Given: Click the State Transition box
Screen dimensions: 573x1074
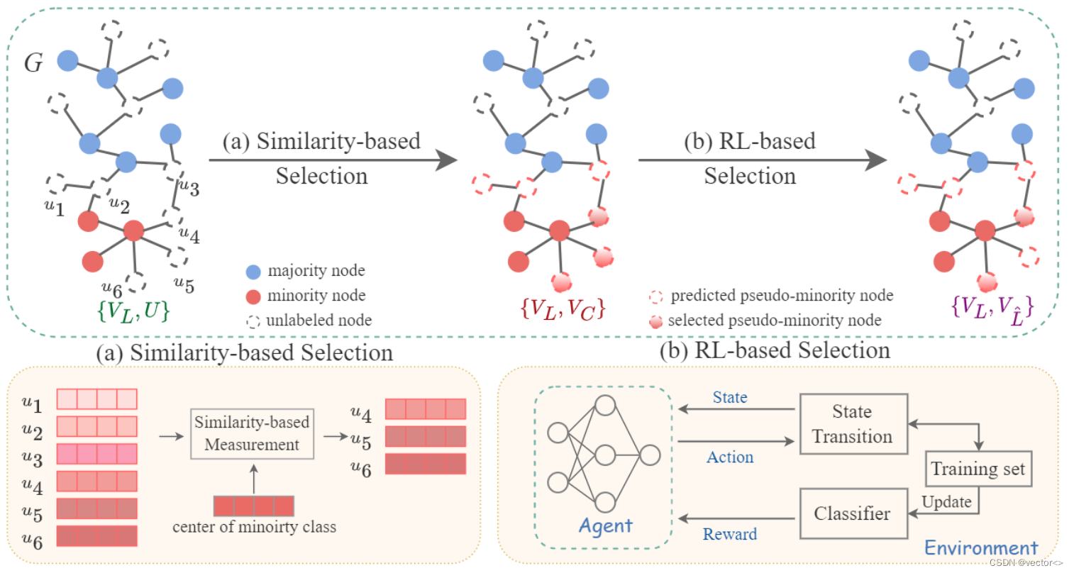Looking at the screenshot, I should (853, 424).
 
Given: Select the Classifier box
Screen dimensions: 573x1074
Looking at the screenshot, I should (853, 513).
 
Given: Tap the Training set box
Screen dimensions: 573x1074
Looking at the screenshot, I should (978, 469).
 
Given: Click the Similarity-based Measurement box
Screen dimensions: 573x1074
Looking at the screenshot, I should (252, 433).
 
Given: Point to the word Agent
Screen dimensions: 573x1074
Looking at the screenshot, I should (605, 526).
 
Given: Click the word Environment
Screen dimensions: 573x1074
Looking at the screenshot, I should (981, 548).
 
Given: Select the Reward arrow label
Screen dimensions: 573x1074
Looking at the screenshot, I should (729, 534).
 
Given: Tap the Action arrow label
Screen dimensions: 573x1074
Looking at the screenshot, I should (729, 457).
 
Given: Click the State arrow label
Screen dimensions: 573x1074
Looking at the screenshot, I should (729, 397).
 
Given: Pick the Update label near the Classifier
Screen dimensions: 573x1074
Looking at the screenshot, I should (946, 501).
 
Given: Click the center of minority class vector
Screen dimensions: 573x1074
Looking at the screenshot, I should (253, 506).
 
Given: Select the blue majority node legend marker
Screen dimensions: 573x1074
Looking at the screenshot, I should (253, 272).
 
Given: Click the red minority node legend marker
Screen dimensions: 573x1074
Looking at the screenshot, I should (253, 296).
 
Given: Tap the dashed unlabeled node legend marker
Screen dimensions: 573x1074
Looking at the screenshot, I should (253, 321).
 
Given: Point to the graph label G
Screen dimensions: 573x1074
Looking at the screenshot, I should (33, 64).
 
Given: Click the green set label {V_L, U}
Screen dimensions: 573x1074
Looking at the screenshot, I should (133, 311).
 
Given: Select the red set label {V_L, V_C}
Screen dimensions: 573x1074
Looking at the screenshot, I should (563, 308).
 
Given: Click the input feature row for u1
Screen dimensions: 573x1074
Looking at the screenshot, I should (96, 399).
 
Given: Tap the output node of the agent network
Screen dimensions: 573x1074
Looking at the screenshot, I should (650, 455).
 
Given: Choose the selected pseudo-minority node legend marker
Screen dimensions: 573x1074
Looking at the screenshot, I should (656, 322).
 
